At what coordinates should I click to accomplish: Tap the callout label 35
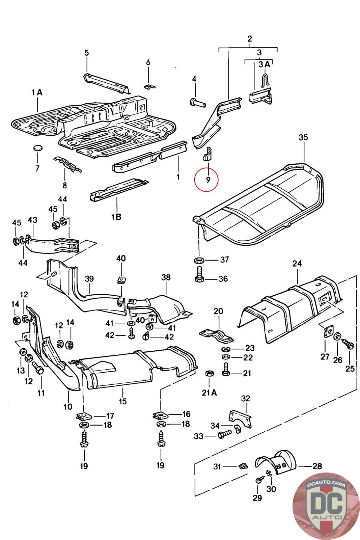303,137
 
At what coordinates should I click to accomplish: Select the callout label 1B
116,216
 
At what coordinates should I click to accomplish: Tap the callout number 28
317,466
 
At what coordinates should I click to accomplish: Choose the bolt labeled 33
223,436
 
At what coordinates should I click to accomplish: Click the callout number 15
122,401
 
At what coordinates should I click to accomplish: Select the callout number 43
32,220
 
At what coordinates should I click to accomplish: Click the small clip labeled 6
150,87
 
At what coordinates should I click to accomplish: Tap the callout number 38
166,278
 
